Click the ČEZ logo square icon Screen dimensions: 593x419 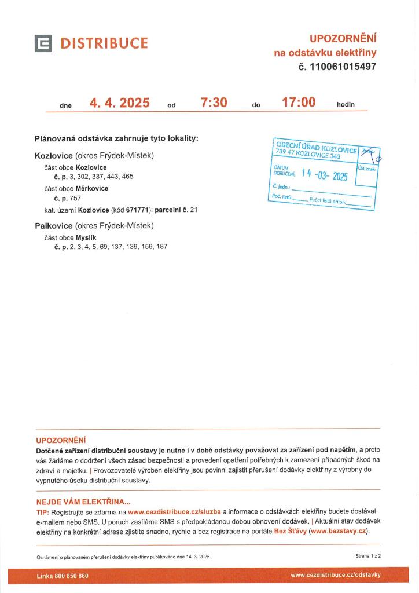click(43, 43)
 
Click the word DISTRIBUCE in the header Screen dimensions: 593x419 click(104, 43)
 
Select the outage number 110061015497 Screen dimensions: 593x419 click(343, 67)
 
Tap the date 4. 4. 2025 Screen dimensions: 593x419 click(119, 104)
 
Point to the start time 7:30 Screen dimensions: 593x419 click(214, 103)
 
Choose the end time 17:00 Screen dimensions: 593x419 click(298, 103)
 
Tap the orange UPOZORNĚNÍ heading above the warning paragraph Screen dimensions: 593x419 click(61, 440)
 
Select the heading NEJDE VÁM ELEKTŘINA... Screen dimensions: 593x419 click(83, 502)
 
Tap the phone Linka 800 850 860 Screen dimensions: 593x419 click(63, 576)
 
